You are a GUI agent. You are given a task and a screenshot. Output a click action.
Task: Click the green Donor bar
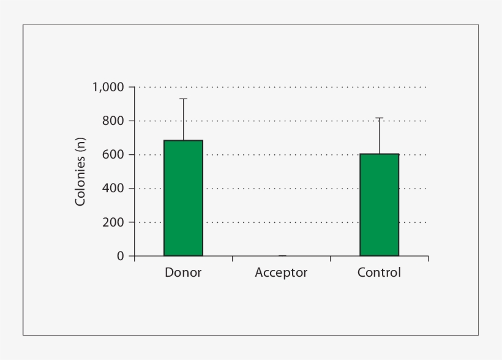(x=183, y=198)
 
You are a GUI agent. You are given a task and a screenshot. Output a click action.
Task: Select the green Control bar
(x=379, y=205)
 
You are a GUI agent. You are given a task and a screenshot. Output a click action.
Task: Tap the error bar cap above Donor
(x=183, y=99)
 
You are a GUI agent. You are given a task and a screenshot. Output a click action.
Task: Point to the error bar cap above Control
(x=379, y=118)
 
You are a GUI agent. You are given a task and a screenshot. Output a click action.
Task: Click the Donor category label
(x=183, y=272)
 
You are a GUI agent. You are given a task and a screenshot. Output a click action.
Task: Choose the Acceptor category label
(x=281, y=272)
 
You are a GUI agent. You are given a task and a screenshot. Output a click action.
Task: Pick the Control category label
(x=379, y=272)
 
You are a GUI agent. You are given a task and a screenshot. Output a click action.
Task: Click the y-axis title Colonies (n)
(x=80, y=171)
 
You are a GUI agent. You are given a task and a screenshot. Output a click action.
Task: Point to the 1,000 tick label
(x=108, y=87)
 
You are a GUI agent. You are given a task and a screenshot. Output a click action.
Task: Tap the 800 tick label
(x=113, y=121)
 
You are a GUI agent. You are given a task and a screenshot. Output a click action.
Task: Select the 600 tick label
(x=113, y=155)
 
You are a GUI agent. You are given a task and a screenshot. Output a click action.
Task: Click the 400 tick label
(x=113, y=189)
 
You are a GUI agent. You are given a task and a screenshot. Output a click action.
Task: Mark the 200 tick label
(x=113, y=222)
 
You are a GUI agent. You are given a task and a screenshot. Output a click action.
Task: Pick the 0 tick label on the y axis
(x=121, y=256)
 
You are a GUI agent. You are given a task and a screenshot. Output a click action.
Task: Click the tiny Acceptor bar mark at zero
(x=282, y=255)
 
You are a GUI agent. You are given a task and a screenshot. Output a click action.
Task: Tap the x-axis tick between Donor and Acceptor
(x=232, y=259)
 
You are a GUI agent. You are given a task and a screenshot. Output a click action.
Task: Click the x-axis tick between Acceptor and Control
(x=330, y=259)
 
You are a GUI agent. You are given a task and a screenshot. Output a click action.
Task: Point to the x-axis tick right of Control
(x=428, y=259)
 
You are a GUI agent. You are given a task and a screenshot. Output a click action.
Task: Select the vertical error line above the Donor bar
(x=183, y=119)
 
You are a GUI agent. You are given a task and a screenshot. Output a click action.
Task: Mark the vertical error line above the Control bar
(x=379, y=135)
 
